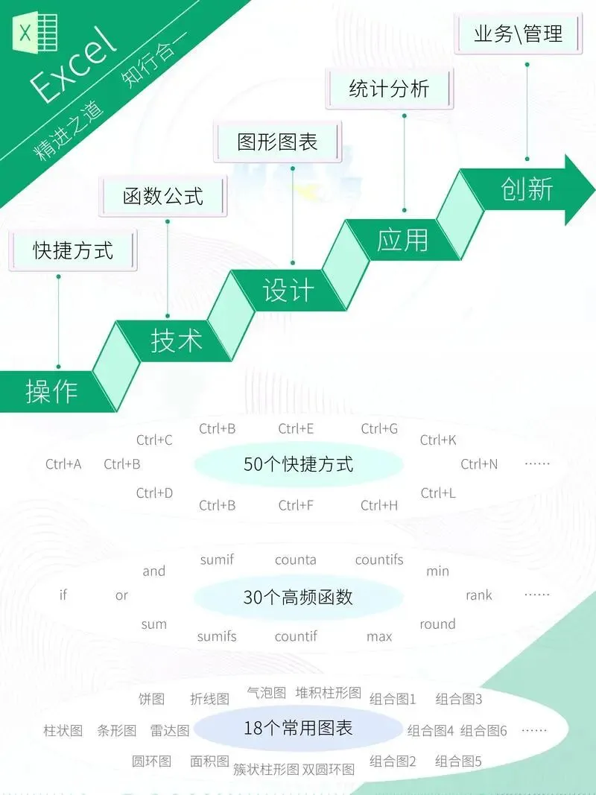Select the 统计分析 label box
click(389, 89)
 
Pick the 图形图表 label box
click(277, 142)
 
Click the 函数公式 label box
click(163, 196)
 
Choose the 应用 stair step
click(402, 240)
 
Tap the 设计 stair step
click(288, 291)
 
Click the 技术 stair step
click(177, 341)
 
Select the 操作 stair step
click(52, 390)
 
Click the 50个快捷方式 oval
click(298, 464)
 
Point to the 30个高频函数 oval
click(298, 597)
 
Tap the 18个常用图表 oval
click(298, 728)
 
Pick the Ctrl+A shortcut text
click(63, 464)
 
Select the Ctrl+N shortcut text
click(479, 464)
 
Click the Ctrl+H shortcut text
click(379, 505)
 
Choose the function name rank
click(479, 595)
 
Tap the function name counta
click(296, 560)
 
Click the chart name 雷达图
click(170, 730)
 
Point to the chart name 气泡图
click(266, 692)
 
